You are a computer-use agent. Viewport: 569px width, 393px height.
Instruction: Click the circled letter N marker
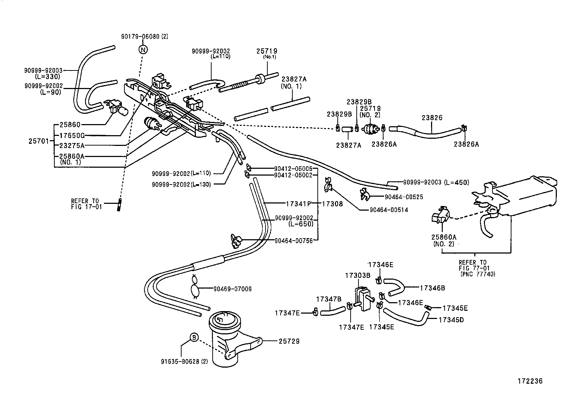pyautogui.click(x=143, y=49)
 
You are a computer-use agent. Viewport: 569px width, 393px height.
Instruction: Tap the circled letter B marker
pyautogui.click(x=193, y=337)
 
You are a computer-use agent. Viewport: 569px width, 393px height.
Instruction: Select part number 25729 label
pyautogui.click(x=289, y=342)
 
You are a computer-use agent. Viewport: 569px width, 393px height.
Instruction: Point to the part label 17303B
pyautogui.click(x=357, y=276)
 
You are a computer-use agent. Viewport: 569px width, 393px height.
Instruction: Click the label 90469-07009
pyautogui.click(x=232, y=289)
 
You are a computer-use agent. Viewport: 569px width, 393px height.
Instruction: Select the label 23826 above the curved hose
pyautogui.click(x=432, y=118)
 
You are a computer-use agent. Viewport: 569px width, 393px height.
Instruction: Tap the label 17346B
pyautogui.click(x=432, y=288)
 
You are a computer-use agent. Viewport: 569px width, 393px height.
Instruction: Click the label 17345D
pyautogui.click(x=451, y=320)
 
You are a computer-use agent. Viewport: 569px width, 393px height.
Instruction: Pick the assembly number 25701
pyautogui.click(x=38, y=141)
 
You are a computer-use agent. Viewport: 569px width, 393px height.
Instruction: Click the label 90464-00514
pyautogui.click(x=389, y=210)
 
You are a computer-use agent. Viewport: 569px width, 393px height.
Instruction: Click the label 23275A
pyautogui.click(x=72, y=146)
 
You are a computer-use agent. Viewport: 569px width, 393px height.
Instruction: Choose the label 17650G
pyautogui.click(x=72, y=136)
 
